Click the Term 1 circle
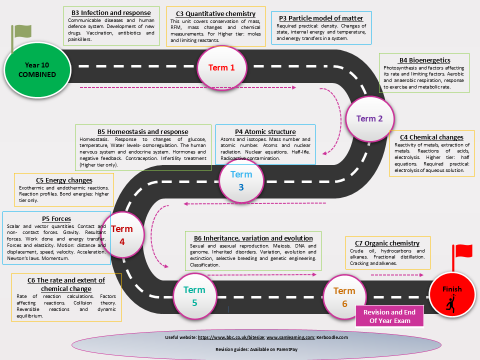221,68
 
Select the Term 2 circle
370,119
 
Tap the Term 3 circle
241,180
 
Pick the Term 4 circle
122,235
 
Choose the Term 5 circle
194,296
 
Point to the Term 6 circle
344,297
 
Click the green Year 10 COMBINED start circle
37,70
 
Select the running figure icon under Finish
450,303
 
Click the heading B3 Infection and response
111,13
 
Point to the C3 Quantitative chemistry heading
216,14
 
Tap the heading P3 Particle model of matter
321,18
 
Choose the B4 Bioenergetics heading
425,60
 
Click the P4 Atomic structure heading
265,132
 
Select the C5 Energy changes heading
64,180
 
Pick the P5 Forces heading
56,219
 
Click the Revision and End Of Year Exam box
389,316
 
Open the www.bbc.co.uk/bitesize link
231,337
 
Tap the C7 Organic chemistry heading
387,243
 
